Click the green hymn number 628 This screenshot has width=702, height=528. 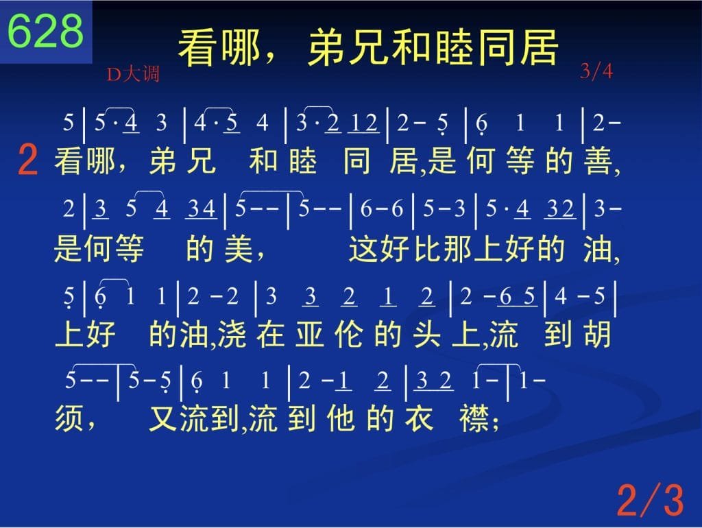coord(45,30)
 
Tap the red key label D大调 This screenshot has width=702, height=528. coord(133,74)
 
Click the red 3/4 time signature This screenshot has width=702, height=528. coord(596,71)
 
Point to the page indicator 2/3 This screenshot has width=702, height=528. coord(650,500)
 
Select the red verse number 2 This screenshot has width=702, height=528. coord(27,160)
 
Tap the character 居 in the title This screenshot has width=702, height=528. coord(539,47)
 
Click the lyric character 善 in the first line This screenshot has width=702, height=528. coord(598,160)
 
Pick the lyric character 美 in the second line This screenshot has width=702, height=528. coord(239,248)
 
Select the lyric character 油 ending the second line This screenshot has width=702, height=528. coord(598,248)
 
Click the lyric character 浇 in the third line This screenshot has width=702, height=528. coord(232,335)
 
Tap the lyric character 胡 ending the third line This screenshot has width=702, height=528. coord(597,335)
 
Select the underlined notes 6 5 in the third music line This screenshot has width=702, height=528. coord(517,296)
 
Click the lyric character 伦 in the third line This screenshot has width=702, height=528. coord(348,335)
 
